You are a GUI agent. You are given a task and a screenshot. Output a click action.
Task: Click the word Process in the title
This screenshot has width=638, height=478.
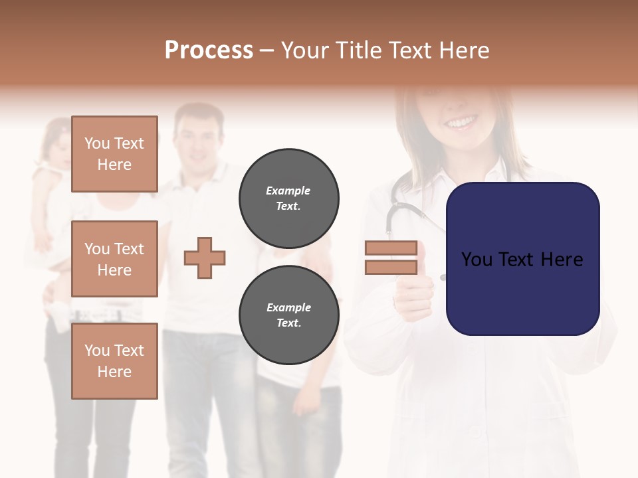[x=209, y=50]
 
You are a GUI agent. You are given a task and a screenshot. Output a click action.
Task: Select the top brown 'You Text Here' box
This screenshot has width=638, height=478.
[x=114, y=154]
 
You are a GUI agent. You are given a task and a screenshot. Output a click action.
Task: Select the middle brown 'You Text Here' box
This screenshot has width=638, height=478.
[x=114, y=259]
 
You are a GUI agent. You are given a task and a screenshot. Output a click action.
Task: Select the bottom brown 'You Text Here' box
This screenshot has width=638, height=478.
[x=114, y=360]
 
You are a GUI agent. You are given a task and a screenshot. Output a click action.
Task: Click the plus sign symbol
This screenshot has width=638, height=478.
[x=205, y=258]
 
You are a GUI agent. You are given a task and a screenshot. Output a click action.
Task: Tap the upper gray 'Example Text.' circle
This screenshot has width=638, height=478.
[x=288, y=199]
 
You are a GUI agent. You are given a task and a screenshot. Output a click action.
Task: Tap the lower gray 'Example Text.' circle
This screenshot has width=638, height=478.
[x=288, y=315]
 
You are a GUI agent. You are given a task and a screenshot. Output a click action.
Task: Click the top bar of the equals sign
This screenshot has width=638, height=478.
[x=391, y=248]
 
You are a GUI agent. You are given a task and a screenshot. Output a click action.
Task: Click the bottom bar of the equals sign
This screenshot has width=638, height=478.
[x=391, y=268]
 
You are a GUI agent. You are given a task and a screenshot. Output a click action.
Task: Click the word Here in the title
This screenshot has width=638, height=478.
[x=464, y=50]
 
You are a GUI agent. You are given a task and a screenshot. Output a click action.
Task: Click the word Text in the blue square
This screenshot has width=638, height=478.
[x=522, y=260]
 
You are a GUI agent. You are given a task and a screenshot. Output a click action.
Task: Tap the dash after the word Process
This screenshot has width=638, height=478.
[x=267, y=50]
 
